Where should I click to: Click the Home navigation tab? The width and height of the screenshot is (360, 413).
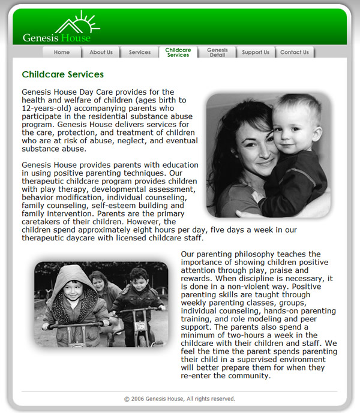[x=62, y=52]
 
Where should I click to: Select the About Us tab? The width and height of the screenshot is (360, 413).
[x=101, y=52]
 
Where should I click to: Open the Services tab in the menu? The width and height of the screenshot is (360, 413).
[x=140, y=52]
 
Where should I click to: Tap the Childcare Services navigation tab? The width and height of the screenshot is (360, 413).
[x=178, y=52]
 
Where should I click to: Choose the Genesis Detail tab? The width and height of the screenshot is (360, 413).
[x=217, y=52]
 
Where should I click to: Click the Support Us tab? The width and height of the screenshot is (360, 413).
[x=256, y=52]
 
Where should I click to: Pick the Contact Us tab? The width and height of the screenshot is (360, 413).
[x=295, y=52]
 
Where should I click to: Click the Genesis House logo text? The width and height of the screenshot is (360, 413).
[x=56, y=38]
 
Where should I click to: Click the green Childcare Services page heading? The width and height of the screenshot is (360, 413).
[x=62, y=75]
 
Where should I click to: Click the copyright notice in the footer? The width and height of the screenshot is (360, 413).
[x=179, y=399]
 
